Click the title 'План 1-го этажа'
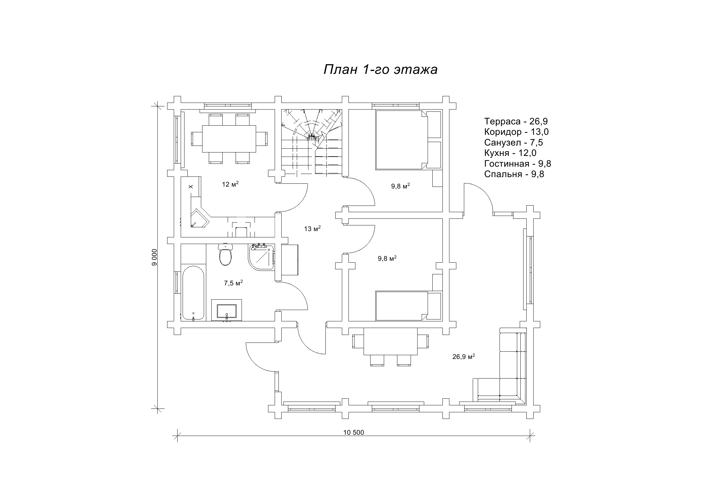pos(380,70)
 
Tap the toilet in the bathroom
pos(225,254)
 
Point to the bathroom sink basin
pos(227,311)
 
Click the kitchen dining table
pos(229,139)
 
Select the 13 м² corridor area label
pos(312,229)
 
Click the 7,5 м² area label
pos(233,283)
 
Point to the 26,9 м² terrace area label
pos(464,356)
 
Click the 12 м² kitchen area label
pos(230,184)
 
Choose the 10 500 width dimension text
pos(354,432)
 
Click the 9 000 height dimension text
pos(154,257)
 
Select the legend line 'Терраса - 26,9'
pos(516,121)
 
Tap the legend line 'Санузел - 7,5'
pos(513,142)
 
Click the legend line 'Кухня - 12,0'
pos(510,153)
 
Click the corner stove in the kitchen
pos(200,218)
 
